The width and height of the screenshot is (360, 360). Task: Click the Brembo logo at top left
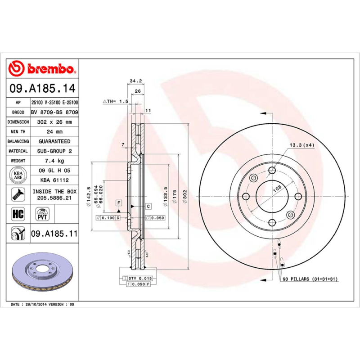(43, 68)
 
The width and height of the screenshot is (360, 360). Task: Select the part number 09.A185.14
(43, 89)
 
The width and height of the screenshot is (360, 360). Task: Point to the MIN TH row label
(19, 132)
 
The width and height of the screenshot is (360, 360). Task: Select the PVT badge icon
(42, 213)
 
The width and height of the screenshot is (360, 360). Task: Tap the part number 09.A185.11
(54, 234)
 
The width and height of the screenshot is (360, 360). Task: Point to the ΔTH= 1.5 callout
(116, 102)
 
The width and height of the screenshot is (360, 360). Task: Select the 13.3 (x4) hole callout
(301, 145)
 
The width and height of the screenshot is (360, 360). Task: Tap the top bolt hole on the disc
(272, 170)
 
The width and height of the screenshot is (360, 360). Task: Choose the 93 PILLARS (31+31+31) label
(310, 279)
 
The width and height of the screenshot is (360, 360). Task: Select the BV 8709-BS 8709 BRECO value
(54, 112)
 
